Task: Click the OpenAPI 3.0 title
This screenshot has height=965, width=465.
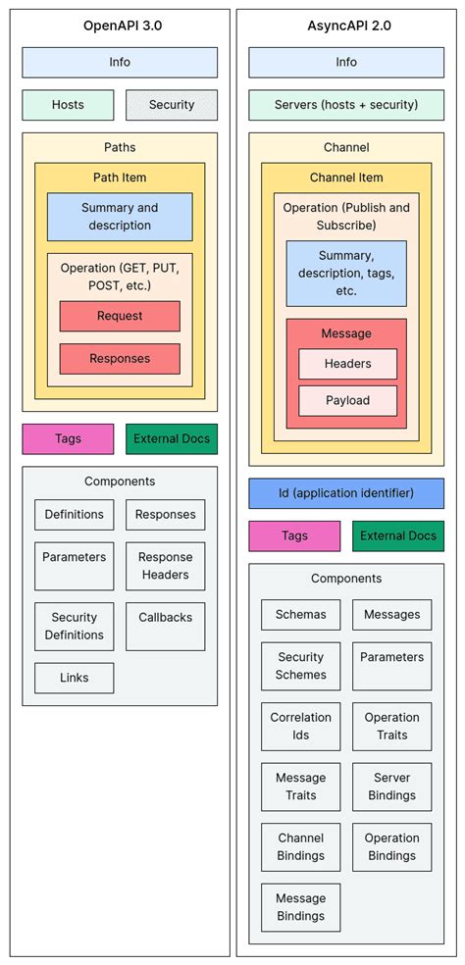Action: pyautogui.click(x=122, y=26)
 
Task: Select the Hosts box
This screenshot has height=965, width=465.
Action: pyautogui.click(x=68, y=105)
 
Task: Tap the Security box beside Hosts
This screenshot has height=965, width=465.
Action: pyautogui.click(x=172, y=105)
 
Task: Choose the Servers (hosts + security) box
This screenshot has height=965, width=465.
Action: pyautogui.click(x=346, y=105)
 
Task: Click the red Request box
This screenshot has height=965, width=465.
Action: pyautogui.click(x=120, y=316)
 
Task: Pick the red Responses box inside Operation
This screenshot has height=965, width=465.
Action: pyautogui.click(x=120, y=359)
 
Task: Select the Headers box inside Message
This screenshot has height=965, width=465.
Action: pyautogui.click(x=347, y=364)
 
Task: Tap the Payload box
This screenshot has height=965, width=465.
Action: pyautogui.click(x=347, y=400)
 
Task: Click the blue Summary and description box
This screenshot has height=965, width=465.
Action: pyautogui.click(x=120, y=217)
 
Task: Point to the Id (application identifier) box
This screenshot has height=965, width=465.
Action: pyautogui.click(x=346, y=493)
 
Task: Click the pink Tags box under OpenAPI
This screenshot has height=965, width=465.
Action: pyautogui.click(x=68, y=438)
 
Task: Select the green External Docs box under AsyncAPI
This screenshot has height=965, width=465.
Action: pyautogui.click(x=397, y=536)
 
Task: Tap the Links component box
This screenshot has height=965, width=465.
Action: pyautogui.click(x=74, y=679)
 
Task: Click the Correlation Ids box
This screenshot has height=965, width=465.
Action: pyautogui.click(x=300, y=727)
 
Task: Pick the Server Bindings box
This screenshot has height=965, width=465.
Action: pyautogui.click(x=391, y=787)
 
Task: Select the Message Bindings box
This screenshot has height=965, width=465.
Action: pyautogui.click(x=300, y=907)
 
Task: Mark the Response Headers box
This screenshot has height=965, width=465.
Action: pyautogui.click(x=166, y=566)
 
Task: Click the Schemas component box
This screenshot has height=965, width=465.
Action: pyautogui.click(x=300, y=615)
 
